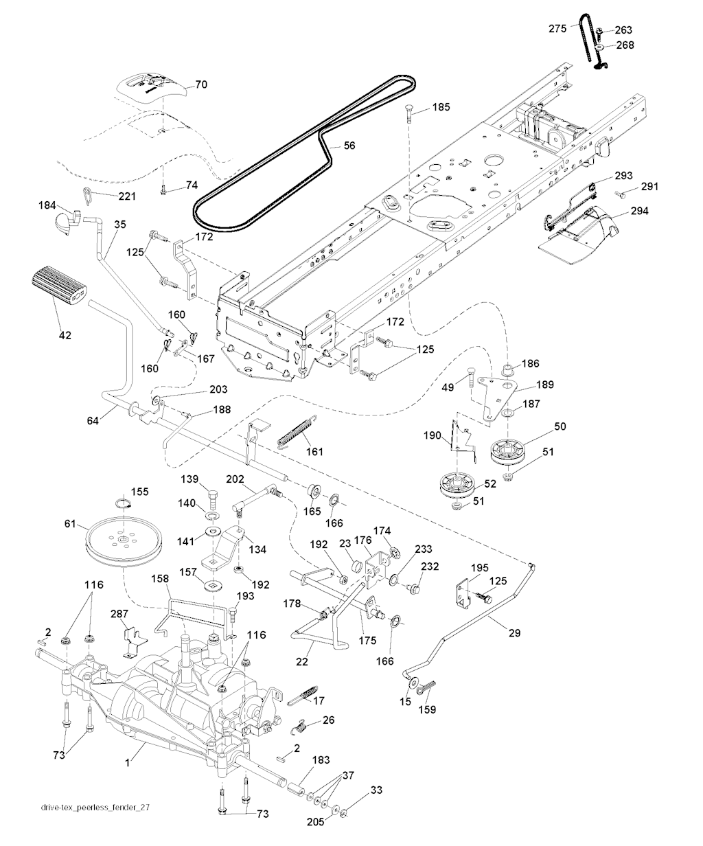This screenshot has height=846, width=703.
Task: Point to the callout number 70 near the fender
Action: click(x=201, y=85)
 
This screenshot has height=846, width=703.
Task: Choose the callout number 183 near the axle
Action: click(x=321, y=760)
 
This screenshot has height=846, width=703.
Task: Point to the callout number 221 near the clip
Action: click(x=126, y=196)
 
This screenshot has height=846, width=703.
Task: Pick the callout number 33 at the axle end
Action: click(x=375, y=790)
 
